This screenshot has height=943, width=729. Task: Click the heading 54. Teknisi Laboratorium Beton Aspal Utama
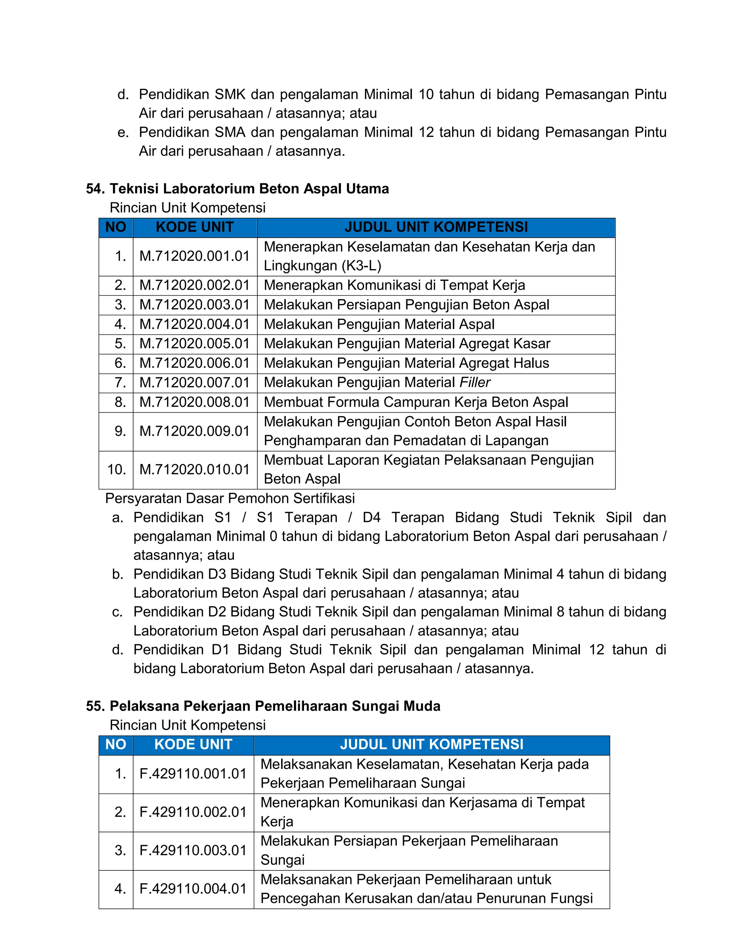[x=237, y=189]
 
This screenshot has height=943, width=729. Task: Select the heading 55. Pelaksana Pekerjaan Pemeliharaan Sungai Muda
[x=263, y=706]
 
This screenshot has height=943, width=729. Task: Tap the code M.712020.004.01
[x=194, y=324]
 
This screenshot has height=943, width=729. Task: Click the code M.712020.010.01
[x=194, y=469]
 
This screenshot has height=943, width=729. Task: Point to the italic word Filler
[x=474, y=382]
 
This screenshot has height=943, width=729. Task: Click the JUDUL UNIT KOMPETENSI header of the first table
[x=436, y=227]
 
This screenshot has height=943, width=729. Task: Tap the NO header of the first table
[x=115, y=227]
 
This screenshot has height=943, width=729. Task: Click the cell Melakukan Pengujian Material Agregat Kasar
[x=407, y=344]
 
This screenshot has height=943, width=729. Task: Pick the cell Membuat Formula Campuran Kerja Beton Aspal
[x=415, y=402]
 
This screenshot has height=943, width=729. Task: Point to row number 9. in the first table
[x=120, y=431]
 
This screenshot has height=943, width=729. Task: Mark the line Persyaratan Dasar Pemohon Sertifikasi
[x=230, y=498]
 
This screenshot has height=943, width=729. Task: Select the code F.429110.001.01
[x=193, y=773]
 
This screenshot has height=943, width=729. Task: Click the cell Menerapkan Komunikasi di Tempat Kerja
[x=394, y=285]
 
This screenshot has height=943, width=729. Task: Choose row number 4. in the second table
[x=120, y=889]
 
